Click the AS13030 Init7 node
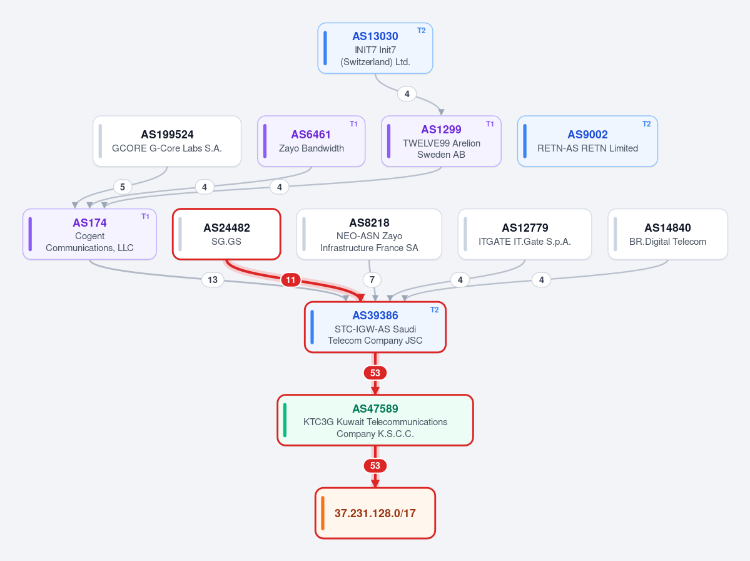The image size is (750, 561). click(x=375, y=48)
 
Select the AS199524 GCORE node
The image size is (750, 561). click(x=167, y=142)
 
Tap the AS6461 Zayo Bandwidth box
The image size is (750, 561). click(x=312, y=142)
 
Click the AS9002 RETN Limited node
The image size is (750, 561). click(x=587, y=142)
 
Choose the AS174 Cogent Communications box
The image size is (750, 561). click(x=89, y=234)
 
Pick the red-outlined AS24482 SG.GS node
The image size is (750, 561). click(x=226, y=234)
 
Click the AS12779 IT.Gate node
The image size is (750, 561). click(x=525, y=234)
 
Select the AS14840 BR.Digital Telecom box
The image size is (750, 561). click(x=667, y=234)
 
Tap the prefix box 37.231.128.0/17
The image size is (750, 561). click(x=375, y=513)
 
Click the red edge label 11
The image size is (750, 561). click(x=291, y=280)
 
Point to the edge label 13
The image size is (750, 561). click(x=213, y=279)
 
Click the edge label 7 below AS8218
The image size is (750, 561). click(x=372, y=279)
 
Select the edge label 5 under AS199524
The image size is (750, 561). click(x=123, y=187)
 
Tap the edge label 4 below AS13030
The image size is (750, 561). click(x=407, y=94)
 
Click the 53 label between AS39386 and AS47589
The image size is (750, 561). click(x=375, y=373)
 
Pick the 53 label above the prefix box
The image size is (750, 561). click(x=375, y=466)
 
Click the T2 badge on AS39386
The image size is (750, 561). click(x=434, y=310)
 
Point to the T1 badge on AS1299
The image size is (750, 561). click(x=490, y=124)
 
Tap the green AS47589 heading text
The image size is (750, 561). click(x=375, y=409)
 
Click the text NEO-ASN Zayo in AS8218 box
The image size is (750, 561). click(x=369, y=236)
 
